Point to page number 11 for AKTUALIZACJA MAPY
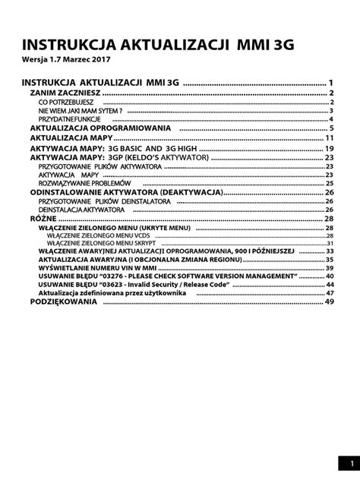coord(330,138)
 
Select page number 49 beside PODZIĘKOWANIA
coord(330,302)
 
